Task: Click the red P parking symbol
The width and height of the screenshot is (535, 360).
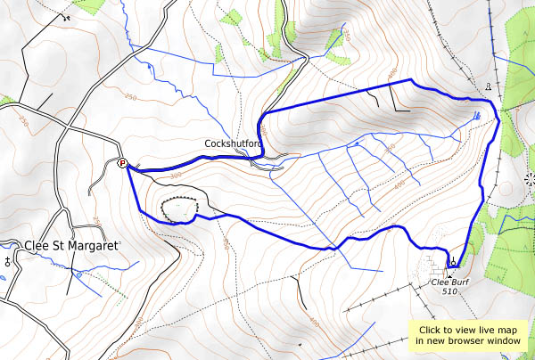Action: pyautogui.click(x=123, y=162)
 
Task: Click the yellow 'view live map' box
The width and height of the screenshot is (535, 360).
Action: pyautogui.click(x=469, y=334)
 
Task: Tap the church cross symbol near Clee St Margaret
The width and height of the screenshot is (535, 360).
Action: pyautogui.click(x=9, y=261)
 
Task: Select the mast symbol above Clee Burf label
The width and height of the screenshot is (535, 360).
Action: pyautogui.click(x=454, y=262)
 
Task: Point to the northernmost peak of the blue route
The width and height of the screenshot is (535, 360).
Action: pyautogui.click(x=409, y=80)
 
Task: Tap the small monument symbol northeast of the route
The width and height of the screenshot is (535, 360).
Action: pyautogui.click(x=488, y=86)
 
